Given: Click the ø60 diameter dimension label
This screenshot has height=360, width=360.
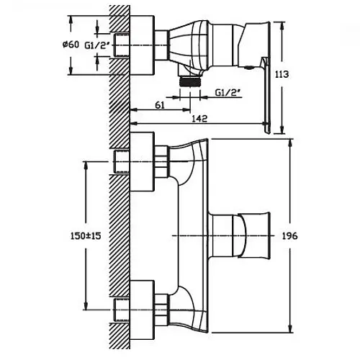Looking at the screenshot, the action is click(71, 45).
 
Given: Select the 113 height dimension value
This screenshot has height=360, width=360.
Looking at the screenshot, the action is click(282, 74).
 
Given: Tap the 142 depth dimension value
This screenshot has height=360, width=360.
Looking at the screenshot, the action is click(199, 118).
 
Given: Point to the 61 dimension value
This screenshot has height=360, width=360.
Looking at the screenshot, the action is click(160, 105).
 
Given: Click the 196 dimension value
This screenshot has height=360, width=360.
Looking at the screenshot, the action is click(289, 236).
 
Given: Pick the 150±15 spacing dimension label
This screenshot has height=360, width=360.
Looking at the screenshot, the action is click(86, 236).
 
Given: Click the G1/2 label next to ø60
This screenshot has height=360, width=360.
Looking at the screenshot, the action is click(95, 45).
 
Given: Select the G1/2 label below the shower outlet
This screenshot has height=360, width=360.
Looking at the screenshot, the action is click(228, 93).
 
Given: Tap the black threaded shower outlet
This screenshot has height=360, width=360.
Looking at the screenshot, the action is click(190, 82).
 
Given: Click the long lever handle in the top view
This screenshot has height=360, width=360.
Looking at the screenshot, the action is click(267, 96).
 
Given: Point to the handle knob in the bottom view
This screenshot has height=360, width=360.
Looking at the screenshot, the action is click(251, 236).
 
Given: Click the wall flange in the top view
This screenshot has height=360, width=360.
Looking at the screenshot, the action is click(141, 45).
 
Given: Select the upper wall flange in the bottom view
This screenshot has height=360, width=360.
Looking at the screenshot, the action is click(141, 161).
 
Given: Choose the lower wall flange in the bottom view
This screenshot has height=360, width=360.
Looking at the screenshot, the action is click(141, 310).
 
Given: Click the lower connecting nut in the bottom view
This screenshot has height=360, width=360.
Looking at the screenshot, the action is click(162, 310).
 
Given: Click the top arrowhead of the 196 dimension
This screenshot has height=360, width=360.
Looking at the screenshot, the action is click(291, 143).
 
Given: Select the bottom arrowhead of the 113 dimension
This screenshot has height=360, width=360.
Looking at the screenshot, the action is click(283, 129).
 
